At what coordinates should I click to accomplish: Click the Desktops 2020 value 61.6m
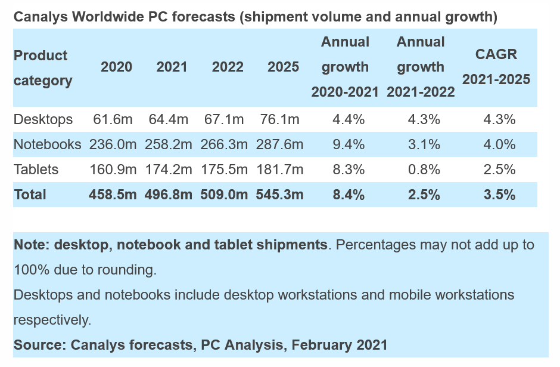click(113, 119)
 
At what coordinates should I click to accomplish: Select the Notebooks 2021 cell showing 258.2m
click(169, 144)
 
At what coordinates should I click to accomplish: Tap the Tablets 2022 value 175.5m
click(224, 169)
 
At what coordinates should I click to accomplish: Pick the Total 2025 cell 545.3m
click(279, 195)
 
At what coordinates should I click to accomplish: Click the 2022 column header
click(228, 67)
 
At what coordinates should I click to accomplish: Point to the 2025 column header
click(284, 67)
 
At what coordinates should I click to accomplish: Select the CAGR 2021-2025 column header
click(496, 67)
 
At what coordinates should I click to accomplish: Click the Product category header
click(43, 67)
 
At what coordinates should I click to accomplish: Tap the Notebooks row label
click(48, 144)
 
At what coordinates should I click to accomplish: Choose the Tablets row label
click(36, 169)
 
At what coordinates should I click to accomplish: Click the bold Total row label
click(30, 195)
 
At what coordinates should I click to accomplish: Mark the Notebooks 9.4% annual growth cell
click(349, 144)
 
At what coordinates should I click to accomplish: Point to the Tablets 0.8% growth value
click(424, 169)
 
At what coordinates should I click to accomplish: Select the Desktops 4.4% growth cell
click(349, 119)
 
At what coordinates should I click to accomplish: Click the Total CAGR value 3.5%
click(500, 195)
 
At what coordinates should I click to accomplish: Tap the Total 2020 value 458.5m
click(113, 195)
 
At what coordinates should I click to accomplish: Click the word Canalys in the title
click(40, 17)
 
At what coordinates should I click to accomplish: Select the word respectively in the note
click(52, 320)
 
